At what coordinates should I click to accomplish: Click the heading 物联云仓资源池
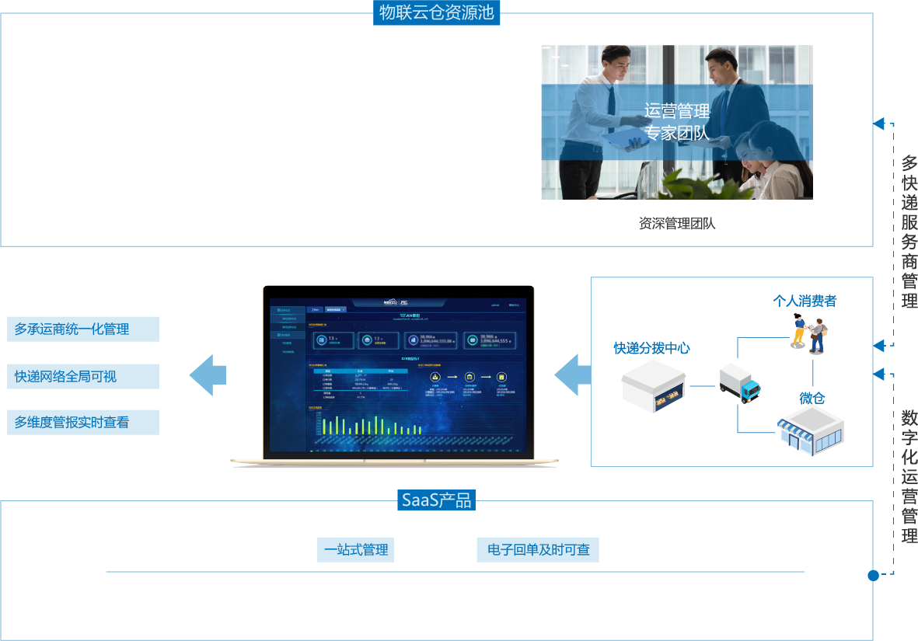pos(436,12)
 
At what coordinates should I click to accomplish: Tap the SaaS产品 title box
pos(436,500)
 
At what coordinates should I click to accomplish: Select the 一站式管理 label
pos(356,550)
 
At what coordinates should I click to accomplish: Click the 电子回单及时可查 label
pos(538,550)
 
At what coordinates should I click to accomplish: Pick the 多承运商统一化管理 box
pos(83,329)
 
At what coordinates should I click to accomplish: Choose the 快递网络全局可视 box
pos(83,377)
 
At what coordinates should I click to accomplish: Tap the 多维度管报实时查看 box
pos(83,423)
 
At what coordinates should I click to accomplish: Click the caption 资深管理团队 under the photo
pos(676,224)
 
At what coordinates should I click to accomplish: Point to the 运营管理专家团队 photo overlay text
pos(676,122)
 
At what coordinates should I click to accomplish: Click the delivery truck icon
pos(738,382)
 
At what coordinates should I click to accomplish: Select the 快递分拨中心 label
pos(651,348)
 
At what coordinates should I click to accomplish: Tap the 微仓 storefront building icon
pos(812,432)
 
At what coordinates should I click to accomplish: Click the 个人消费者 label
pos(805,301)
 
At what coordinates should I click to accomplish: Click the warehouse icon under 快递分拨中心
pos(653,386)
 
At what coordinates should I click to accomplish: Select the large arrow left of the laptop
pos(208,375)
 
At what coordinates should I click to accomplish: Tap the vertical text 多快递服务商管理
pos(909,232)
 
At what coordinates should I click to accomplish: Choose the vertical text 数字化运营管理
pos(909,476)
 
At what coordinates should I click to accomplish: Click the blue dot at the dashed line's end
pos(873,576)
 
